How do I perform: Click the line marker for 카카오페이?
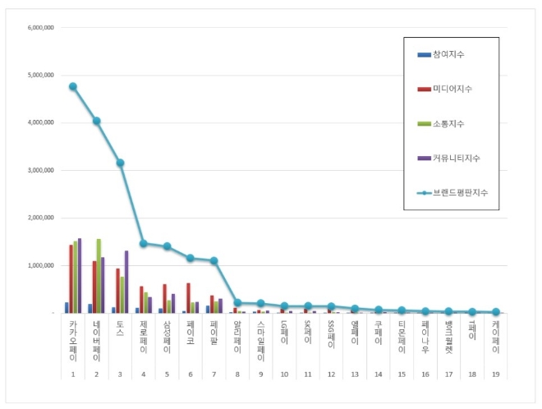[x=73, y=86]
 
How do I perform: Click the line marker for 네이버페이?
[x=97, y=121]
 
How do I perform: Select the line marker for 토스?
[x=120, y=163]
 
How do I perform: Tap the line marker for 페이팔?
[x=214, y=260]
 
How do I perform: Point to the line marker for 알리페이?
[x=238, y=303]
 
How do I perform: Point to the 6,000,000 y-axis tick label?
[x=41, y=27]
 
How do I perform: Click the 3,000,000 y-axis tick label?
[x=41, y=170]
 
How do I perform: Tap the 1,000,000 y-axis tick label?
[x=41, y=265]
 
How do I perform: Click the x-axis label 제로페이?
[x=144, y=338]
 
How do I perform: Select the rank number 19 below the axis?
[x=496, y=375]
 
